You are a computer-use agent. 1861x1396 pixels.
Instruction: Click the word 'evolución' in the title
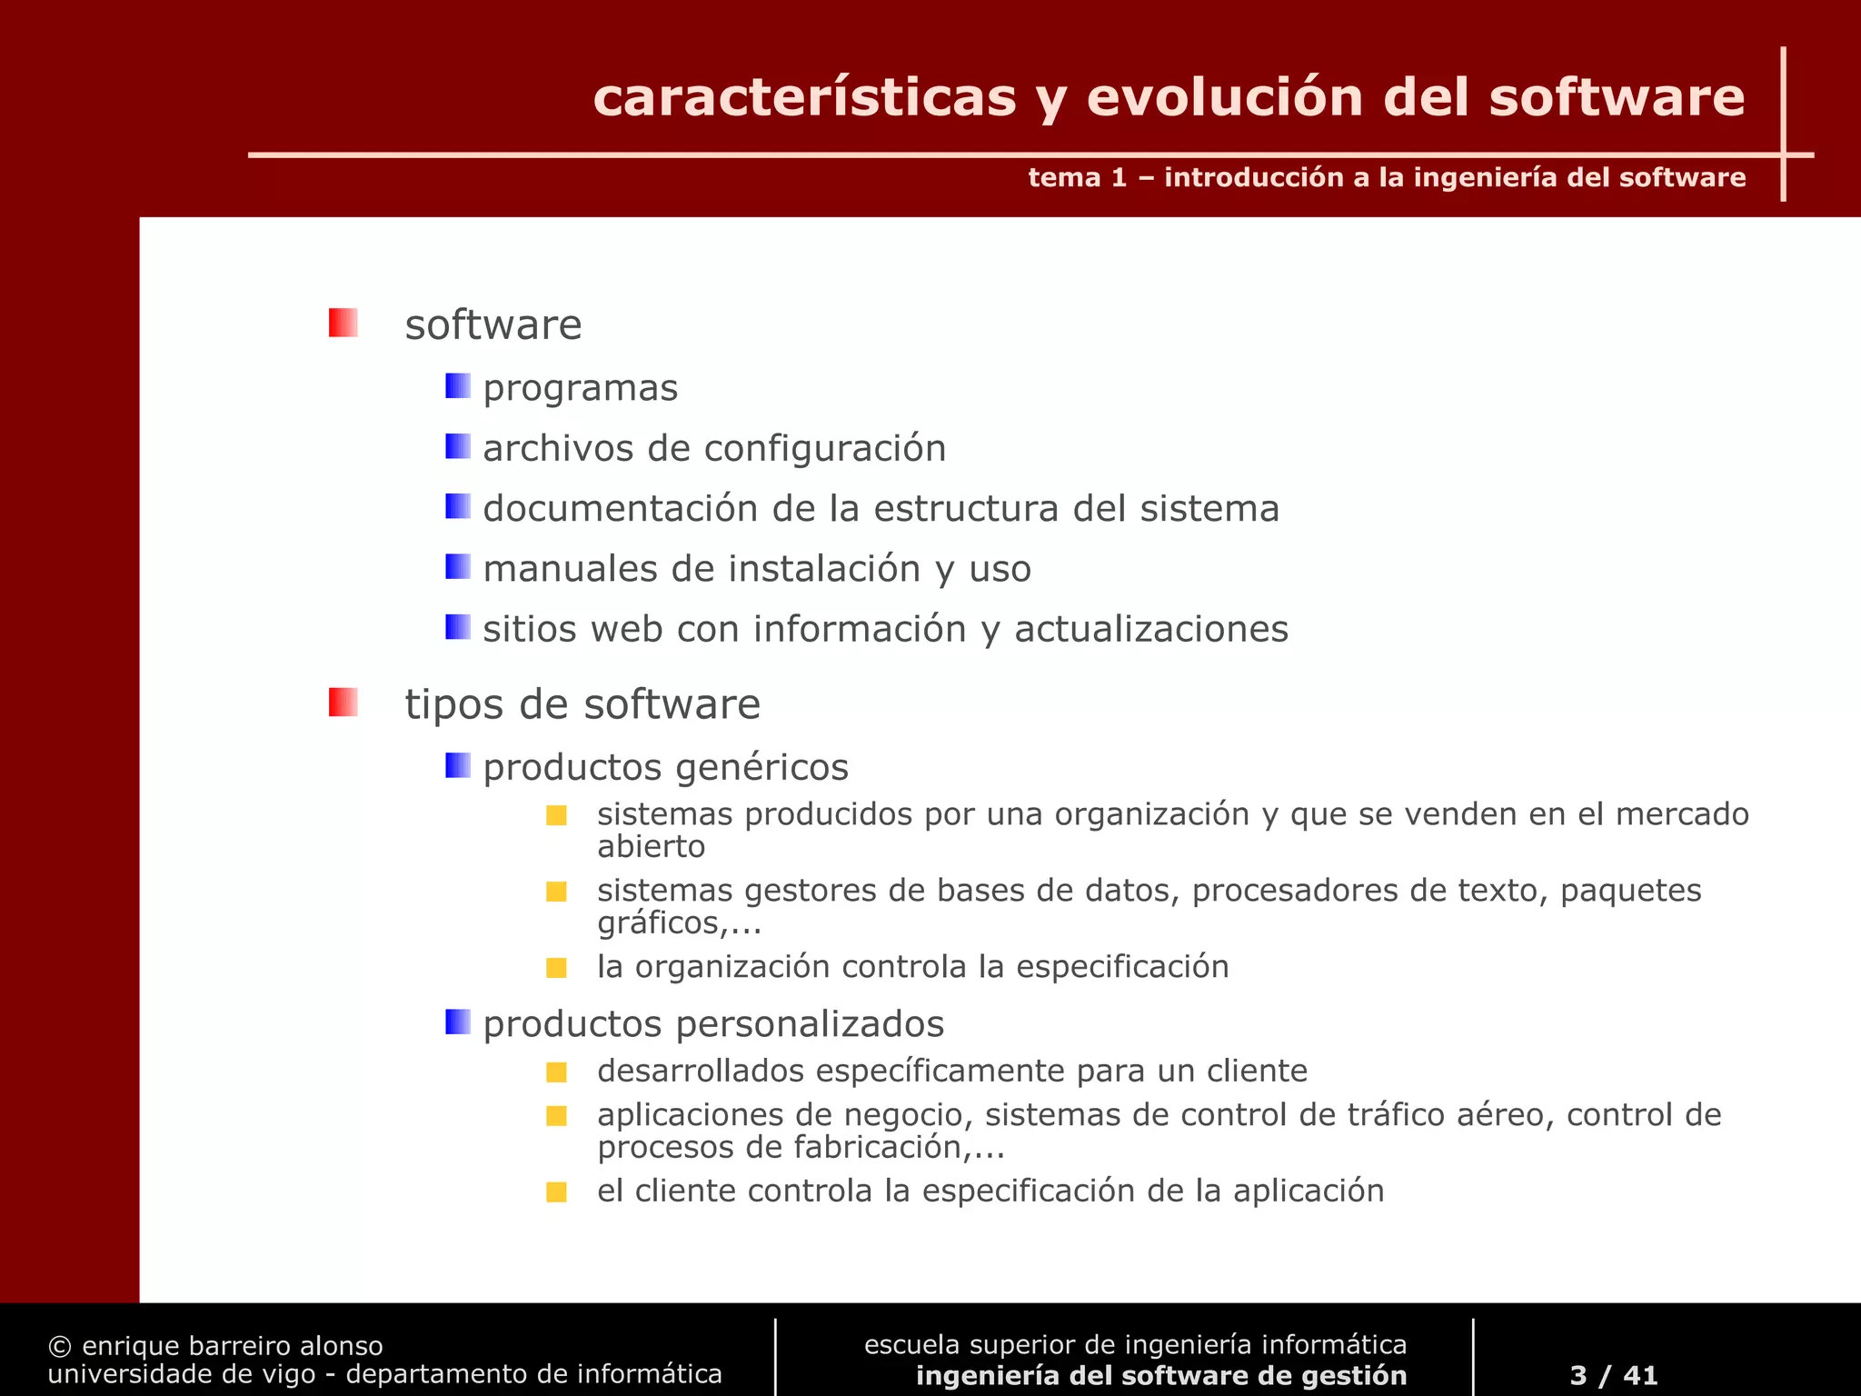1225,98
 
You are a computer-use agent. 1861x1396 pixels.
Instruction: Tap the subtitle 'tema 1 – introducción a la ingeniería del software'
1386,177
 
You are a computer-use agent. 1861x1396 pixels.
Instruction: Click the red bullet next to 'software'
343,323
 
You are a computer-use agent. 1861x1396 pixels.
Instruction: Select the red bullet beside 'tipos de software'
343,702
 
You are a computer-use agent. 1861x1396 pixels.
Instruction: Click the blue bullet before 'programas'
457,386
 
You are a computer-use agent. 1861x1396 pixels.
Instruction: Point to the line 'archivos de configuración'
714,448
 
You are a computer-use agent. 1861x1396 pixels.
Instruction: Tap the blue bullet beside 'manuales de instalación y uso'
457,567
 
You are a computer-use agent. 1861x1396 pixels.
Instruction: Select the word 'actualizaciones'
1150,629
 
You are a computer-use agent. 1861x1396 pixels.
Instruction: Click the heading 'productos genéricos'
665,767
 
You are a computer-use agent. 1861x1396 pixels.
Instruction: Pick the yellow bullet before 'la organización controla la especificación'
556,968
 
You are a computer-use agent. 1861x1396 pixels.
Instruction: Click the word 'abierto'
651,847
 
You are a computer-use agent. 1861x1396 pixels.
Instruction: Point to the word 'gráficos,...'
679,923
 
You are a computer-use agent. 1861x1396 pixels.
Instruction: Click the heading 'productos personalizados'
713,1024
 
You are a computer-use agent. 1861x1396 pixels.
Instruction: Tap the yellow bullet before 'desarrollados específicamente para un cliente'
556,1072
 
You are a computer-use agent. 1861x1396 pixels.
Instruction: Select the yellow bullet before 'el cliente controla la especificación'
556,1192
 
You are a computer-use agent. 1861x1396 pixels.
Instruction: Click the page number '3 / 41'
1613,1375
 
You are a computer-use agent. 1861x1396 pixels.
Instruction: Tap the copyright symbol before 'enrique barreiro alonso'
59,1346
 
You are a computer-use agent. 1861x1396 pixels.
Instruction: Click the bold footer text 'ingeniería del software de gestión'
1160,1375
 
